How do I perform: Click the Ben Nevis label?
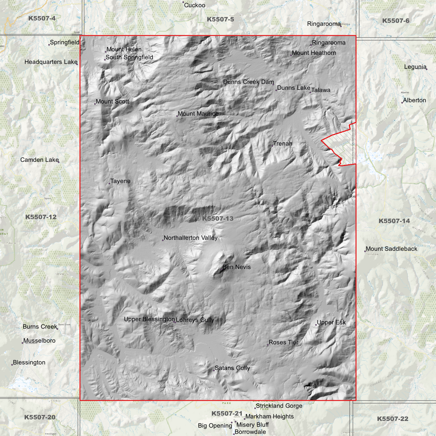pos(237,267)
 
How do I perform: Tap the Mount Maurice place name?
pos(198,114)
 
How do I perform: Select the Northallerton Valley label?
pos(190,238)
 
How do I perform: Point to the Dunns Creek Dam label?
pos(248,82)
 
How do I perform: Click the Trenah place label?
pos(283,144)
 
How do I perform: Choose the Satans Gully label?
pos(232,368)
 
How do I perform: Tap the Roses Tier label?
pos(283,342)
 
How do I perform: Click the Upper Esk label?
pos(331,323)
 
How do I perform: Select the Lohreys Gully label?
pos(195,320)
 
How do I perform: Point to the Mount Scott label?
pos(112,102)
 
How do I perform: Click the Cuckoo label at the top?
pos(194,5)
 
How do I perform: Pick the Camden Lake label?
pos(40,160)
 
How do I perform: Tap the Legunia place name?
pos(415,67)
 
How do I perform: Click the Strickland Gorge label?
pos(279,406)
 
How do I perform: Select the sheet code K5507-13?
pos(218,218)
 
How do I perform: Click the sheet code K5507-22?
pos(393,419)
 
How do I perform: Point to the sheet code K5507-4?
pos(42,18)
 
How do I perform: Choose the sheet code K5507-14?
pos(394,221)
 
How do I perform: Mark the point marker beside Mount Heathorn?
pos(291,55)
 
